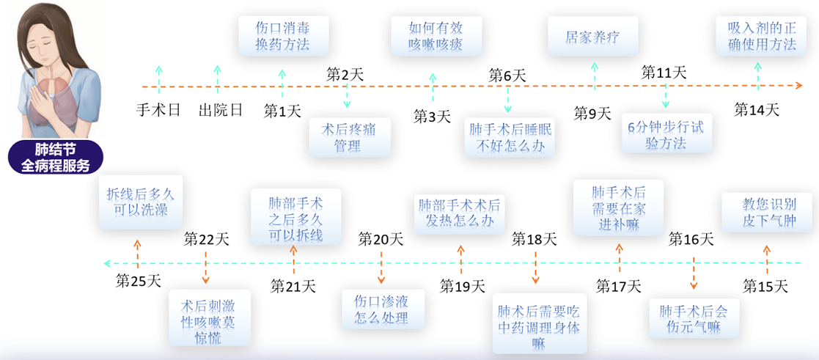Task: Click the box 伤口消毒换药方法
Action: [x=284, y=35]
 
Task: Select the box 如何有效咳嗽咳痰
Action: [x=436, y=35]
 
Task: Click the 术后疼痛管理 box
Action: [x=350, y=137]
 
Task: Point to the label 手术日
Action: [x=158, y=110]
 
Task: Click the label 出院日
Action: [x=221, y=110]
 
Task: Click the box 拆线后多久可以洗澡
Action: [x=137, y=209]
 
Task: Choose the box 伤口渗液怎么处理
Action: [x=382, y=309]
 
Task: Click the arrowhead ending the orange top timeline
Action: [x=798, y=86]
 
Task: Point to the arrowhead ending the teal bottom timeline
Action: [x=108, y=262]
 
